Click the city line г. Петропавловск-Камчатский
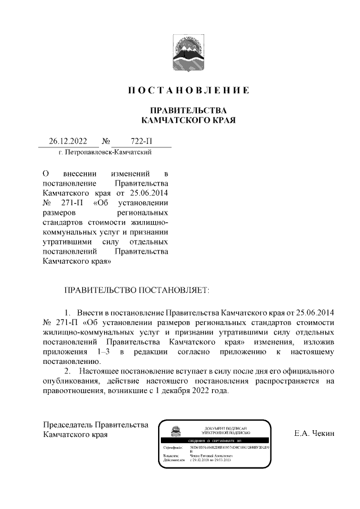coord(105,152)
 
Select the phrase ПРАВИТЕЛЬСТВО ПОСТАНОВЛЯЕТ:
coord(137,290)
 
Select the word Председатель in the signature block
coord(67,424)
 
